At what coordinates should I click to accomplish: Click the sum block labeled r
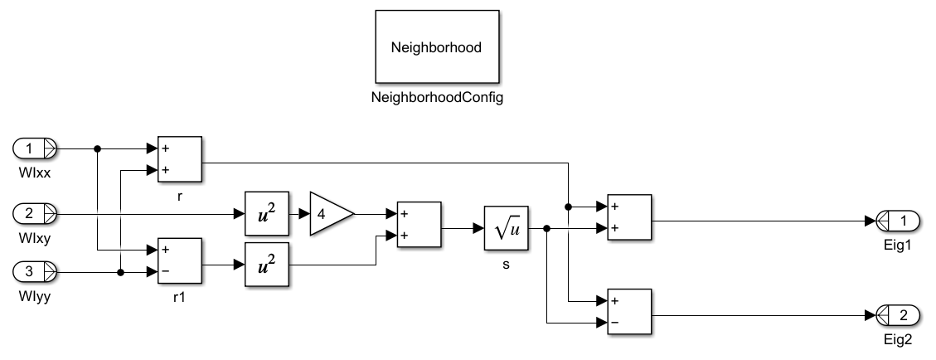click(x=180, y=159)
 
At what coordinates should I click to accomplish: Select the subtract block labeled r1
click(x=180, y=260)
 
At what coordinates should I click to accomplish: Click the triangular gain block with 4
click(x=330, y=214)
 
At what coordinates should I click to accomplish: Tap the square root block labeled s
click(x=506, y=228)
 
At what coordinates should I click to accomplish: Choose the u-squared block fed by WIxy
click(x=266, y=214)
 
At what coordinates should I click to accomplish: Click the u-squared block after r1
click(x=266, y=266)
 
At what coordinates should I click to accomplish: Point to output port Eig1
click(x=897, y=221)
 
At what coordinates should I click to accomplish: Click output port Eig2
click(x=897, y=314)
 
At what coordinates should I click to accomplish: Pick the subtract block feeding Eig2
click(x=629, y=311)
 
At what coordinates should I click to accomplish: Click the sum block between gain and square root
click(x=420, y=224)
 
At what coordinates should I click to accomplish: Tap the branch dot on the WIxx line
click(x=98, y=149)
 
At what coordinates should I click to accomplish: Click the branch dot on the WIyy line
click(x=121, y=271)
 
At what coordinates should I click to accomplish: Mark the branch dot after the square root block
click(x=547, y=228)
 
